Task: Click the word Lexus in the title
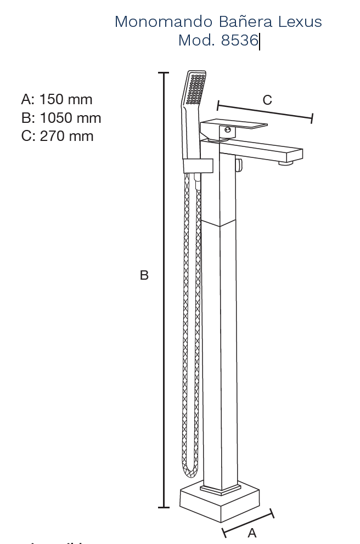[300, 22]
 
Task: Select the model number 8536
[239, 41]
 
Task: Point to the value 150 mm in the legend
[65, 99]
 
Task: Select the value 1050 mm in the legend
[70, 118]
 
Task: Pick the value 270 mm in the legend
[66, 136]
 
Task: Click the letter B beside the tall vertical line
[144, 275]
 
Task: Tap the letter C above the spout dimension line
[267, 100]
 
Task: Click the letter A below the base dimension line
[252, 532]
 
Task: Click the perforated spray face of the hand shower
[195, 89]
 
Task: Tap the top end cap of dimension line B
[164, 72]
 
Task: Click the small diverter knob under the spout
[238, 165]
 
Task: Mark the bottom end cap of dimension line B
[164, 507]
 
